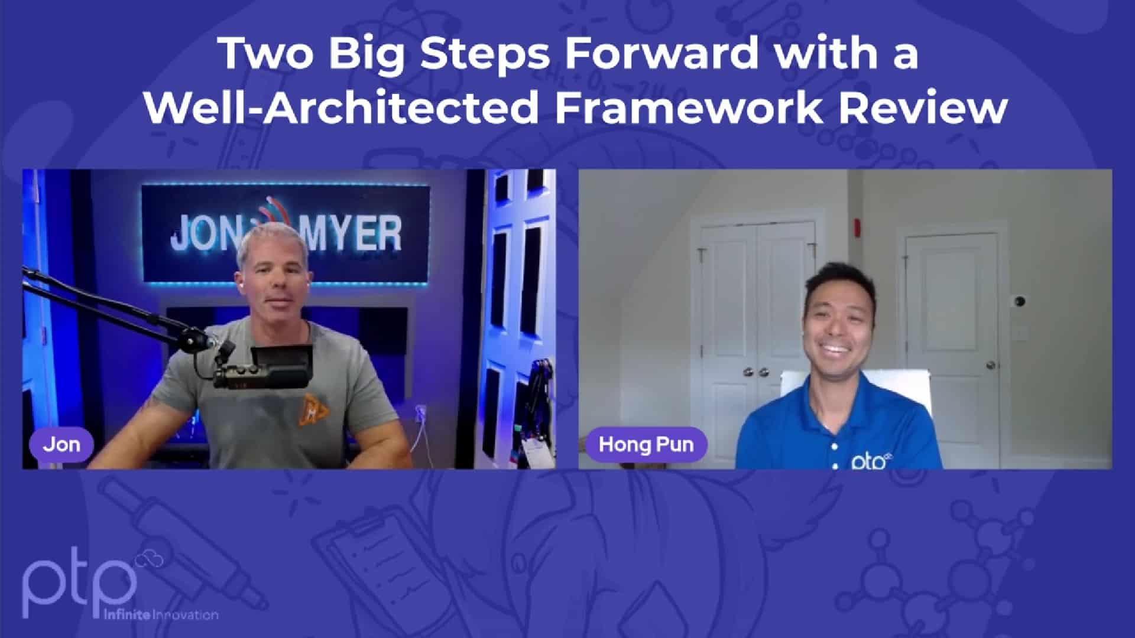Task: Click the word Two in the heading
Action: tap(267, 53)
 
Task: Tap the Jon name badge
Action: tap(61, 444)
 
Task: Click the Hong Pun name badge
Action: tap(646, 444)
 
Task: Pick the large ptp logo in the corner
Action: tap(80, 582)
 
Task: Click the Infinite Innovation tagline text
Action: tap(160, 615)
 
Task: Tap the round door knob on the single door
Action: tap(990, 365)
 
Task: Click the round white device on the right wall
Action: tap(1020, 301)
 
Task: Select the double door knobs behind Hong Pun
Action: tap(755, 372)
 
